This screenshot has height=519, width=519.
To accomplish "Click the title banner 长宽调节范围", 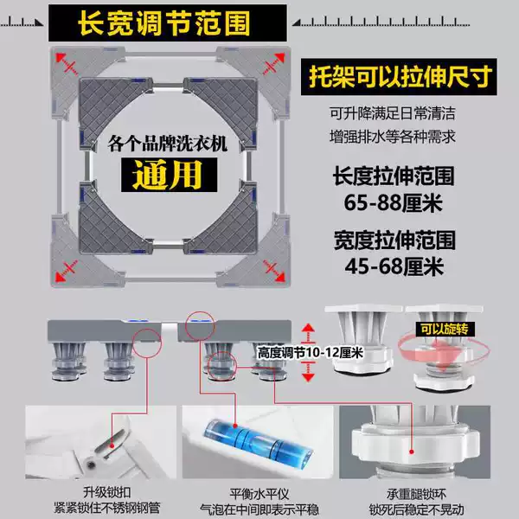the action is coord(168,22).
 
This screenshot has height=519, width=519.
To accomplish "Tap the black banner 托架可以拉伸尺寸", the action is coord(399,77).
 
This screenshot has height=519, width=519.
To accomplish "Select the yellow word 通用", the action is coord(169,175).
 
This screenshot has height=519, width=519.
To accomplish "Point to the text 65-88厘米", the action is coord(393,202).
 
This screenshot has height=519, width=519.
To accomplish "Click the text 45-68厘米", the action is coord(394,266).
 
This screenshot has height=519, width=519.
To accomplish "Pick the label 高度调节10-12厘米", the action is coord(311,353).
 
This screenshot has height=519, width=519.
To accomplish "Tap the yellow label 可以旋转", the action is coord(445,330).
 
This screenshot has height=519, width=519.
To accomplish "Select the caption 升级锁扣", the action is coord(107,492).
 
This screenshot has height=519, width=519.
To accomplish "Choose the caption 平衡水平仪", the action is coord(259,495).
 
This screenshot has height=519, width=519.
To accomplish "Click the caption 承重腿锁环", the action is coord(416,495).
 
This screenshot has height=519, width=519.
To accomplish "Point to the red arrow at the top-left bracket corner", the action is coord(67,63).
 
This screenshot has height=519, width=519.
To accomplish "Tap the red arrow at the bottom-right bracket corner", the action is coord(274,271).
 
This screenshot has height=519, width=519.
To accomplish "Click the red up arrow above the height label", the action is coord(308,333).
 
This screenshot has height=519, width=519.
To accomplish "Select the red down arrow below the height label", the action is coord(308,372).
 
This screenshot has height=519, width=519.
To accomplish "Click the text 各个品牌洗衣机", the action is coord(168,144).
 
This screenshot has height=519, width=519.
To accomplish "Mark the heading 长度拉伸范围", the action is coord(394,176).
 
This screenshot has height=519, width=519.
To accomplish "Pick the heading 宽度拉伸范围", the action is coord(394,240).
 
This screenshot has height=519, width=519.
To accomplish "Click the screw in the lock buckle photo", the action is coord(91,465).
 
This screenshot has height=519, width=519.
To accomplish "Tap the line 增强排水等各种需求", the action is coord(393,137).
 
